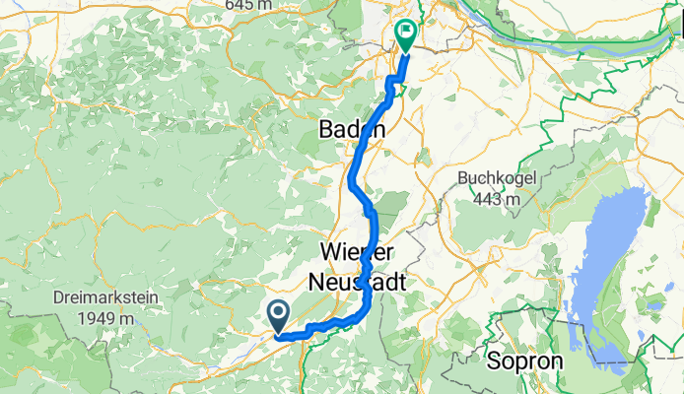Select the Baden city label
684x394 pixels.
(x=353, y=130)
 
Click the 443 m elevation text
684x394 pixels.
(x=495, y=199)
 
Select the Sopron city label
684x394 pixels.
(x=524, y=361)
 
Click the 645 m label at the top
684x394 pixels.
(x=253, y=5)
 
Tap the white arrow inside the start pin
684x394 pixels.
(x=277, y=314)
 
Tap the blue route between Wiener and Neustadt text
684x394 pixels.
(x=367, y=266)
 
